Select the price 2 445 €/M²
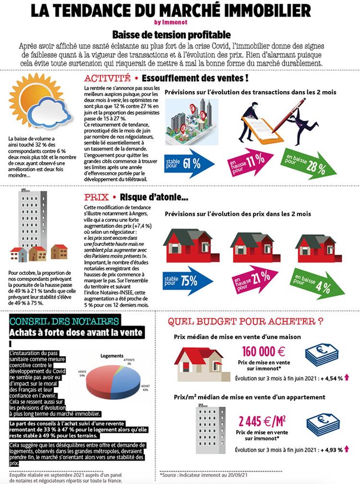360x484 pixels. click(262, 419)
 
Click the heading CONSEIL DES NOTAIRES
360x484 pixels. click(55, 321)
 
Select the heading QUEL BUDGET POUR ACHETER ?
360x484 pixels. click(245, 321)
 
